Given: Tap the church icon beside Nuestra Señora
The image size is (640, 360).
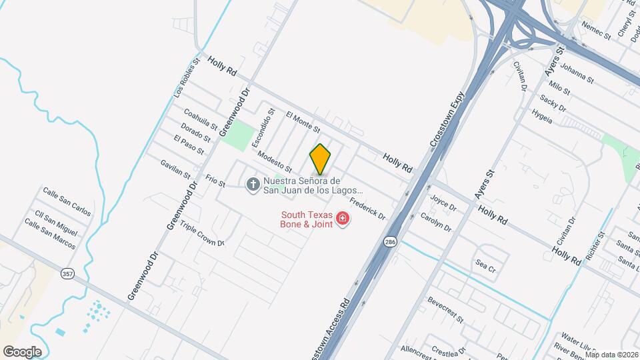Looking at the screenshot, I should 253,184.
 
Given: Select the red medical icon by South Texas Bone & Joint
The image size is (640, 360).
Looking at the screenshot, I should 343,219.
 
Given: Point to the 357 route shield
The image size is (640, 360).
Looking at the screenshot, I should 67,274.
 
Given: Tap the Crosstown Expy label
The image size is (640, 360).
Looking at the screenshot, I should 446,119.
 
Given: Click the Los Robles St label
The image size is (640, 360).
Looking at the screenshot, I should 186,79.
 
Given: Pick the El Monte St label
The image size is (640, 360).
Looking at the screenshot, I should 303,121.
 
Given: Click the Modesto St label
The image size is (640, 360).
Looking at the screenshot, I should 275,160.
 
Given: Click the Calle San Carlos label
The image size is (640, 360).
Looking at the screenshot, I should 67,201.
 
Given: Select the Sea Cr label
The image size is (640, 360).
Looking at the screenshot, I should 485,265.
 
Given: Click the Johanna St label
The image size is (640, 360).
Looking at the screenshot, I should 577,73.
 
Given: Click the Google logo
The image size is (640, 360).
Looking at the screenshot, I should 22,352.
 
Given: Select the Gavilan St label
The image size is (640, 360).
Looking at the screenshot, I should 175,168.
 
